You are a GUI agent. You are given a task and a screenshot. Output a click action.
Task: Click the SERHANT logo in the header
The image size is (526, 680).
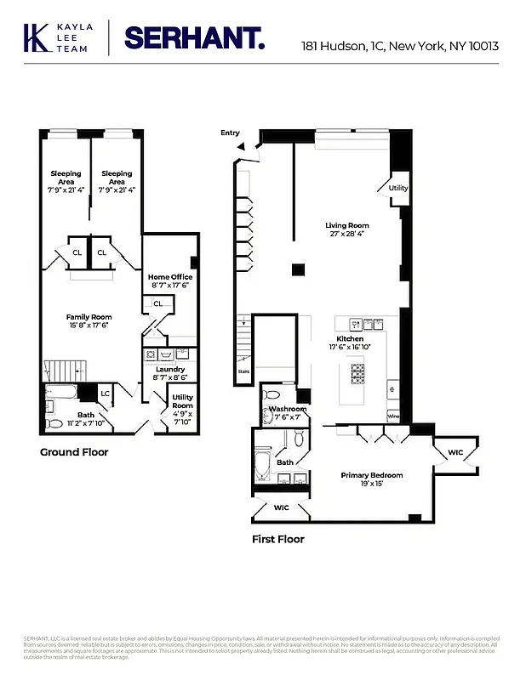tap(194, 38)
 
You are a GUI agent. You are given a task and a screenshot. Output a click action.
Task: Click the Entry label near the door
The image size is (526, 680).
tap(230, 133)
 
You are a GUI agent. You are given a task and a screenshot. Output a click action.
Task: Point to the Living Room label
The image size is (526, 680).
tap(347, 226)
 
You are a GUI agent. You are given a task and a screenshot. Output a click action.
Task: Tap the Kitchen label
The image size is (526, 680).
tap(349, 338)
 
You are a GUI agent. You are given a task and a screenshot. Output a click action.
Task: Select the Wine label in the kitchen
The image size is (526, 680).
tap(393, 416)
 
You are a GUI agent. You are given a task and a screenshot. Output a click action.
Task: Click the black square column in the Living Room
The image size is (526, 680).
tap(298, 270)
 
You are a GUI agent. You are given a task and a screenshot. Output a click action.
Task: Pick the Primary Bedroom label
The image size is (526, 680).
tap(372, 475)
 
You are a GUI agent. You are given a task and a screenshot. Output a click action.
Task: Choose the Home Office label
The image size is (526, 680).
tap(170, 277)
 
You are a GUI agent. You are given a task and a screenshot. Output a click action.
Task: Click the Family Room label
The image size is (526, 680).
tap(89, 317)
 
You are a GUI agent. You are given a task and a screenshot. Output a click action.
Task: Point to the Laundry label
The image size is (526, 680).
tap(170, 369)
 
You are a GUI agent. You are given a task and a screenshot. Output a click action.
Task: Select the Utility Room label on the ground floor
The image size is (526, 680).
tap(182, 401)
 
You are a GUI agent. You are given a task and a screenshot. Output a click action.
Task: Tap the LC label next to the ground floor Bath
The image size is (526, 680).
tap(106, 393)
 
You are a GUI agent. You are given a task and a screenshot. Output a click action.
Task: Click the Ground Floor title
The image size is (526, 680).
tap(74, 452)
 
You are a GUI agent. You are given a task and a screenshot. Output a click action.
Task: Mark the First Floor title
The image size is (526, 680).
tap(277, 539)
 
